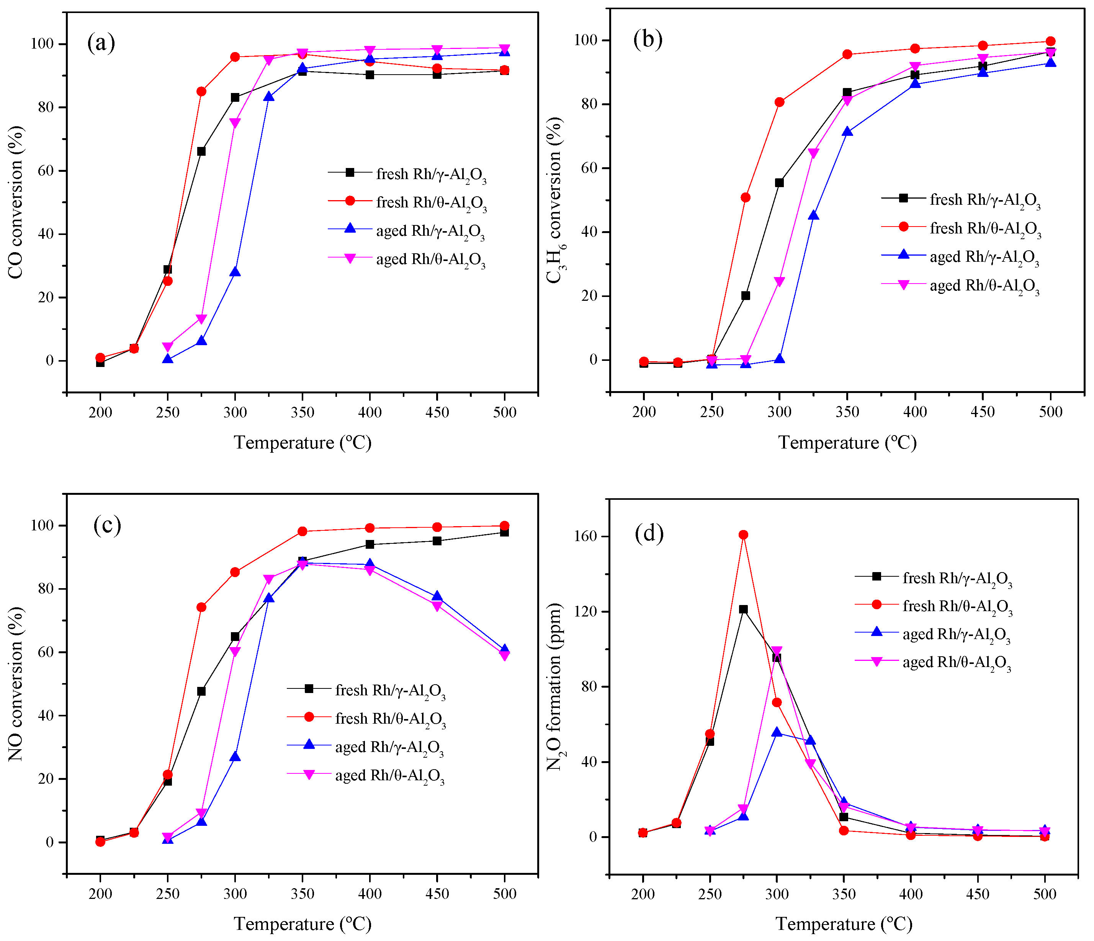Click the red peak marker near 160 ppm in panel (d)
click(743, 535)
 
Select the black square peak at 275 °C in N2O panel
click(743, 609)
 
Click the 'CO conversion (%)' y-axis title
click(16, 202)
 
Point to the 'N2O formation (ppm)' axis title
click(554, 687)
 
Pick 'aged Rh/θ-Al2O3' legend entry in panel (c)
click(390, 775)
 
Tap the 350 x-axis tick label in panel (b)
click(847, 412)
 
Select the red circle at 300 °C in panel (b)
click(779, 102)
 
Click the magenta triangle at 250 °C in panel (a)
click(168, 347)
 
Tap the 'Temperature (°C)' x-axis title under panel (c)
click(303, 923)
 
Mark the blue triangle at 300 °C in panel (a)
click(235, 272)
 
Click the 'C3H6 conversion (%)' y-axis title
click(555, 201)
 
